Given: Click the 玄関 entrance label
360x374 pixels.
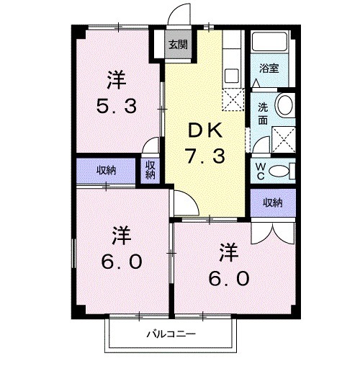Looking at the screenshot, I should point(176,44).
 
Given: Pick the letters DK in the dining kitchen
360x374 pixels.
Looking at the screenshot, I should point(207,130).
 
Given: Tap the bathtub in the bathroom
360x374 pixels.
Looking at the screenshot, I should point(271,45).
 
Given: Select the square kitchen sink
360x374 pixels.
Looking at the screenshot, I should point(233,74).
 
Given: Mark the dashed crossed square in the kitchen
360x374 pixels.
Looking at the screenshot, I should point(233,102).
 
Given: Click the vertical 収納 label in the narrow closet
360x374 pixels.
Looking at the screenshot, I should point(150,170).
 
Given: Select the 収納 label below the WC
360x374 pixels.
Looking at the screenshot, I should point(271,202).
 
